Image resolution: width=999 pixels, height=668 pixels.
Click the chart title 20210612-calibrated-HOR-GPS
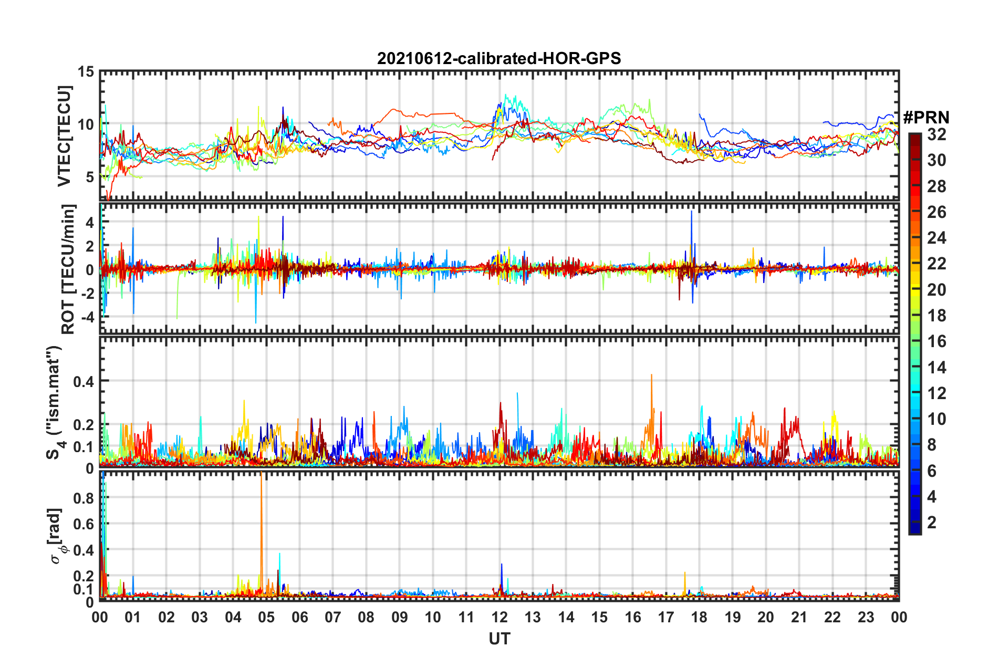pos(499,58)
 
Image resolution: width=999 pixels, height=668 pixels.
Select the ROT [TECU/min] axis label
pos(68,269)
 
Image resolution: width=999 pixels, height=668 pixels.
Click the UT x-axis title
pos(499,639)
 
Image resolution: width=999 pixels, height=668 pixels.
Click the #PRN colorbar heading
pos(926,117)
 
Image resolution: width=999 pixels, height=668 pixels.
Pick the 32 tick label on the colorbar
pos(936,134)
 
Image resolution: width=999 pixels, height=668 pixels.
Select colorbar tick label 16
pos(936,341)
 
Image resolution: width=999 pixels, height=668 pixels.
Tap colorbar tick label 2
pos(932,523)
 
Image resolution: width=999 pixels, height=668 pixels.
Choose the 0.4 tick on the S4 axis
pos(84,381)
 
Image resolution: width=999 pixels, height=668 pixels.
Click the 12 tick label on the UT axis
pos(499,617)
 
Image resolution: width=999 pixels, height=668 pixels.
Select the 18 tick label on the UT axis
pos(699,617)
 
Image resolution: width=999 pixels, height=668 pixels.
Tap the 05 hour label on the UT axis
pos(266,617)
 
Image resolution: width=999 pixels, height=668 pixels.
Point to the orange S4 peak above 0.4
pos(651,376)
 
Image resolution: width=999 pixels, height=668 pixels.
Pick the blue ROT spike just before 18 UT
pos(691,213)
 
